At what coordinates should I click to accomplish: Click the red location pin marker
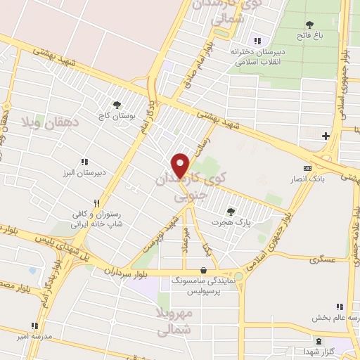point(181,165)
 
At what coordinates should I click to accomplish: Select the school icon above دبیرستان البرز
point(84,162)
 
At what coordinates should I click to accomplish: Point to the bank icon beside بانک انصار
point(307,168)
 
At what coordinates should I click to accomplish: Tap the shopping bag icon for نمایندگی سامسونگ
point(203,269)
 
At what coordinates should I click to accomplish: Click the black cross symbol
point(326,136)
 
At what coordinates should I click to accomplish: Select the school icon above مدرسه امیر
point(34,326)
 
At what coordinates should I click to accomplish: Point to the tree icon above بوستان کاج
point(116,105)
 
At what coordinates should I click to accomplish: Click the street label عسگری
point(319,259)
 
